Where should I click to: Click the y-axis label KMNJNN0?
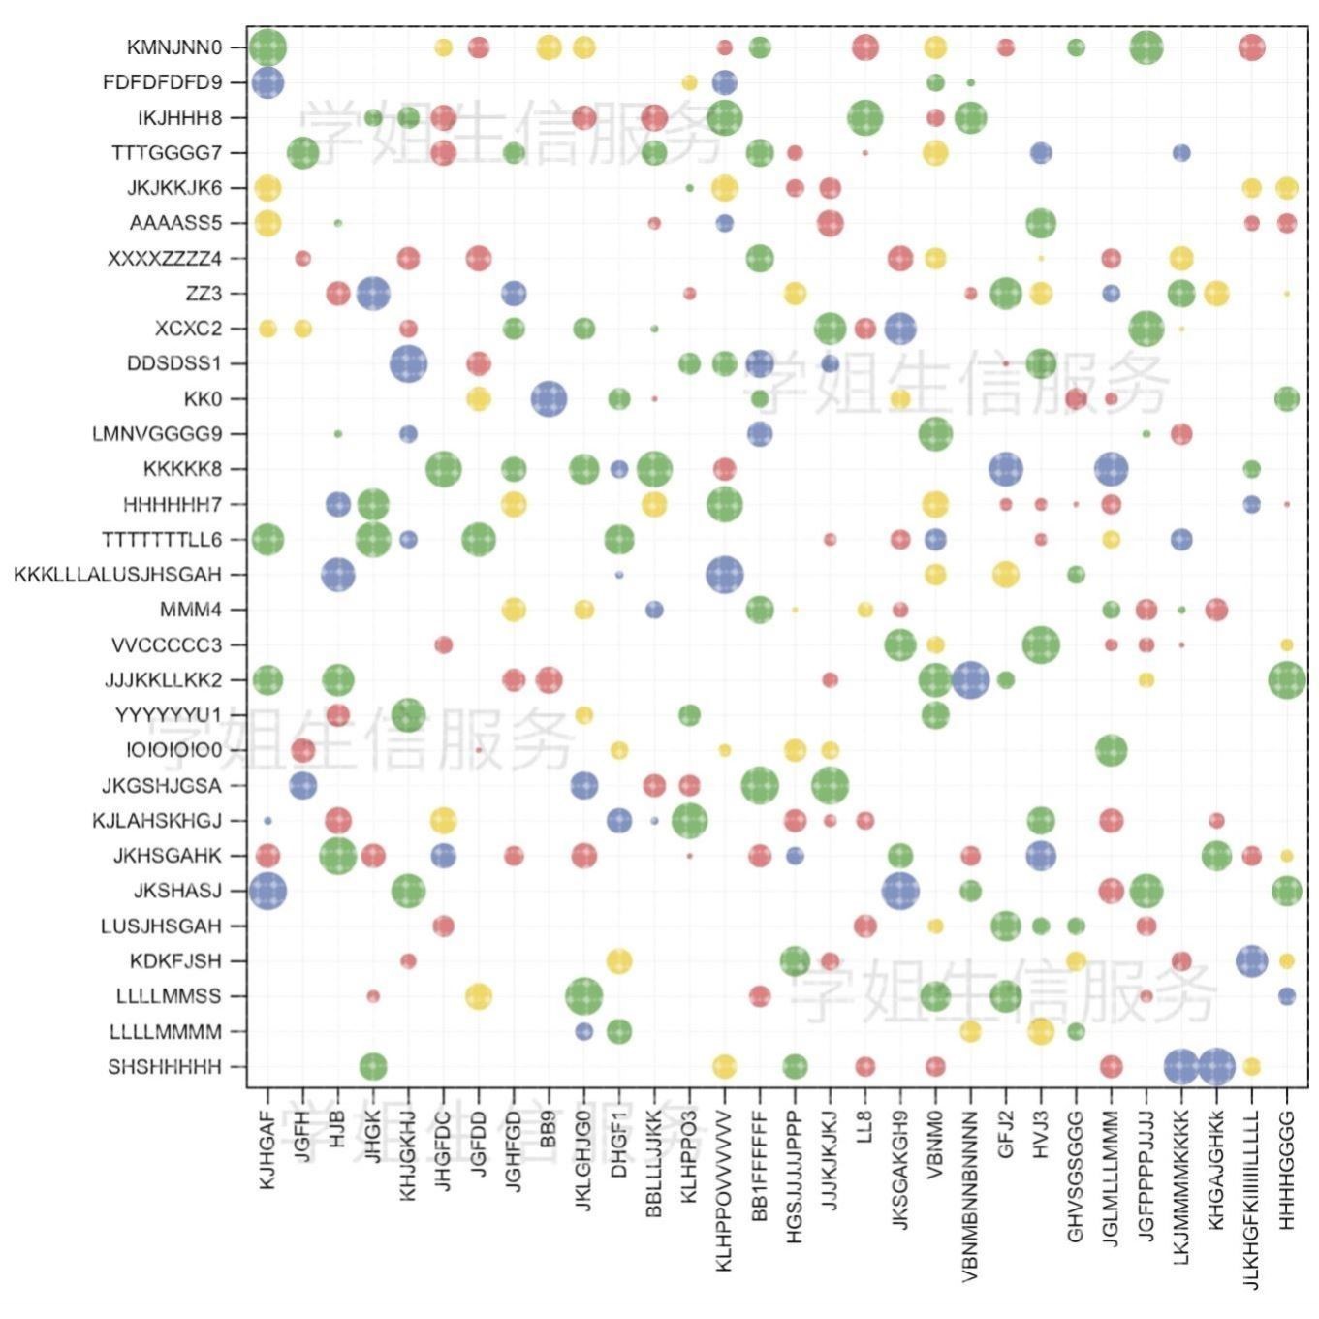(x=174, y=47)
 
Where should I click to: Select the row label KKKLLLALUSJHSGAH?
(x=117, y=575)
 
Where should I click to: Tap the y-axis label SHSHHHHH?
(x=165, y=1067)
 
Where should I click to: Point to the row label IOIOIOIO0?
(x=173, y=750)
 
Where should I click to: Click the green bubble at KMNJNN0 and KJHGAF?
(x=267, y=47)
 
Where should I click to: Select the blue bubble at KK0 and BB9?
(x=549, y=398)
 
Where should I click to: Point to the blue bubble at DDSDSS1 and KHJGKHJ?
(x=408, y=363)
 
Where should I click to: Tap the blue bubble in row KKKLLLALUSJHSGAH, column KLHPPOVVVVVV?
(x=725, y=575)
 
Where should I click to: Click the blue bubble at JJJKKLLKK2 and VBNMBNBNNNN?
(x=970, y=680)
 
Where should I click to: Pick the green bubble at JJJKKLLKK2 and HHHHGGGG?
(x=1287, y=680)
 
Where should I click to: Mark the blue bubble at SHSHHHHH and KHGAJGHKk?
(x=1216, y=1067)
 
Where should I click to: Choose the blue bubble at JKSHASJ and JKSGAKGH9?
(x=900, y=891)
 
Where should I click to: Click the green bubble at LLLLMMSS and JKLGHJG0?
(x=583, y=996)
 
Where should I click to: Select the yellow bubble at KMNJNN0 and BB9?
(x=549, y=47)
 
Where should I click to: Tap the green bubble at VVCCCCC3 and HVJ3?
(x=1041, y=644)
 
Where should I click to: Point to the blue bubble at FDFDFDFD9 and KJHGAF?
(x=267, y=82)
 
